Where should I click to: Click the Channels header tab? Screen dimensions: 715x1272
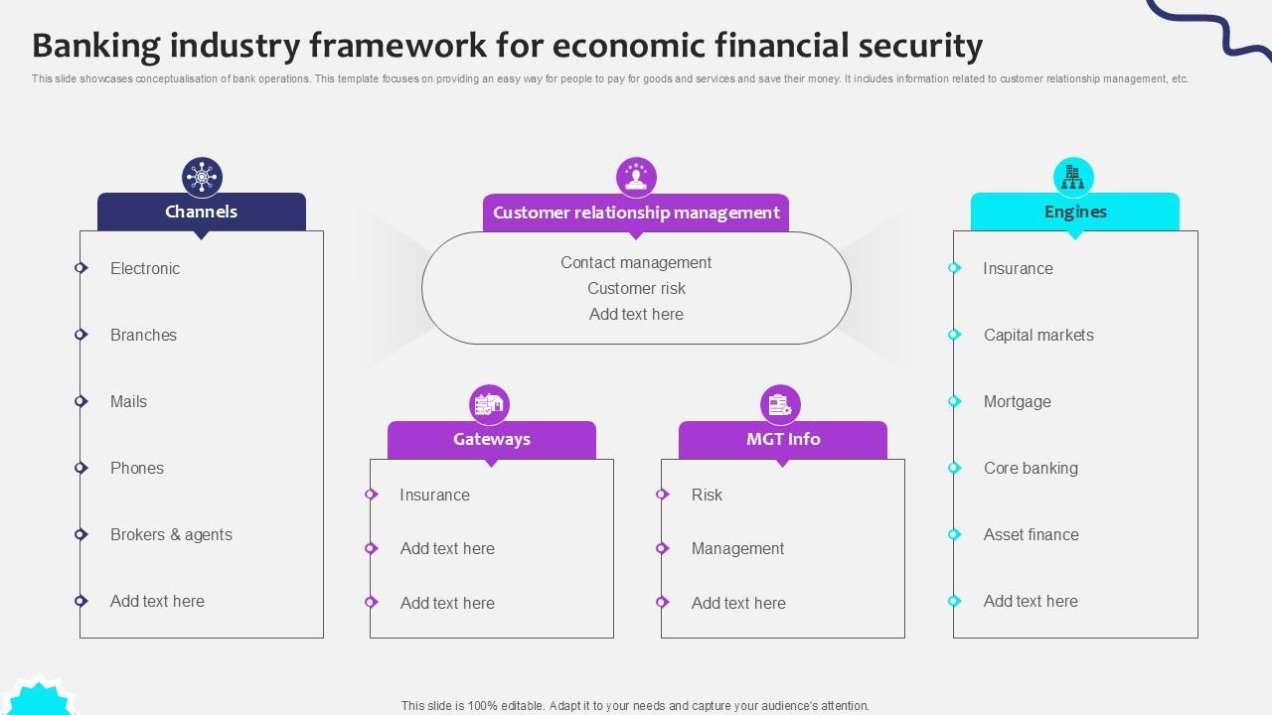pyautogui.click(x=201, y=212)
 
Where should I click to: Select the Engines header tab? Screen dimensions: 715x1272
pyautogui.click(x=1074, y=212)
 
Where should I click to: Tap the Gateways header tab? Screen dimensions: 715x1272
pyautogui.click(x=491, y=439)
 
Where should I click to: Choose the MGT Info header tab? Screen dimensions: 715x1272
pyautogui.click(x=782, y=439)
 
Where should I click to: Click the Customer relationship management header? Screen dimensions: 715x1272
pyautogui.click(x=636, y=213)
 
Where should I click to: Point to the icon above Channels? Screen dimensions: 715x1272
pyautogui.click(x=202, y=178)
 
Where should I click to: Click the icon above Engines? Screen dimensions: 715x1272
pyautogui.click(x=1073, y=178)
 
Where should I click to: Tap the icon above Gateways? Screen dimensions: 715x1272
pyautogui.click(x=489, y=404)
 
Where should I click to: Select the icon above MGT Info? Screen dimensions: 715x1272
pyautogui.click(x=780, y=404)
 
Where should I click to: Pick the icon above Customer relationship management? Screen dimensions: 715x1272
pyautogui.click(x=636, y=178)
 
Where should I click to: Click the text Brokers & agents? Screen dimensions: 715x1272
pyautogui.click(x=171, y=534)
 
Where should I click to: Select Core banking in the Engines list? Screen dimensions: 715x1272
pyautogui.click(x=1031, y=468)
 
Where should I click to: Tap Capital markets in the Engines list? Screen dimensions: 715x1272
pyautogui.click(x=1038, y=335)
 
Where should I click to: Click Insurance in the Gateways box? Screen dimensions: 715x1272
pyautogui.click(x=434, y=495)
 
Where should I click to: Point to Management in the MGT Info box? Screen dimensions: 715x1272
pyautogui.click(x=737, y=548)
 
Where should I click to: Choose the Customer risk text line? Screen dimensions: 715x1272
pyautogui.click(x=636, y=288)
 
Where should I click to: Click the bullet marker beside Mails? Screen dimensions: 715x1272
pyautogui.click(x=81, y=401)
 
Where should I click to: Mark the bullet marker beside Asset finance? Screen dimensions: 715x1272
pyautogui.click(x=954, y=534)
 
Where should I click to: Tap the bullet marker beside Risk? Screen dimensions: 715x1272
pyautogui.click(x=662, y=495)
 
